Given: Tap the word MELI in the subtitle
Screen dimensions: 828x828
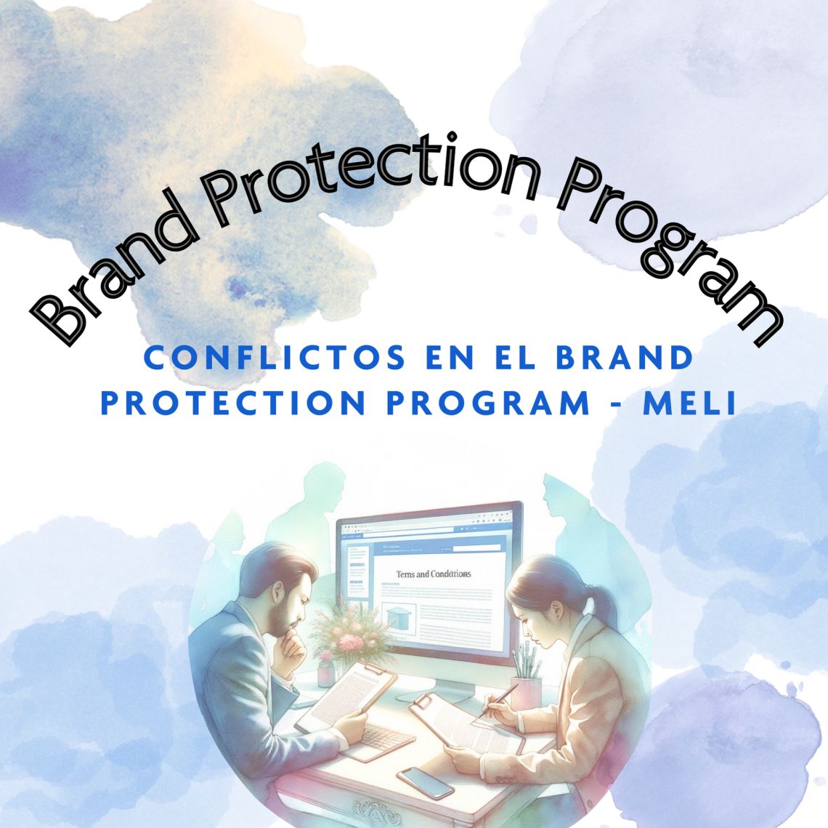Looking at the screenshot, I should point(690,404).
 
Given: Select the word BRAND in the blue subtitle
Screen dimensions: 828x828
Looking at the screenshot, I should point(625,358).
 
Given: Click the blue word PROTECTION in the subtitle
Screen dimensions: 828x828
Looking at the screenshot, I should point(232,404).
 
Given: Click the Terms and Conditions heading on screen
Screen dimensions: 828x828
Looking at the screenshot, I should point(433,574).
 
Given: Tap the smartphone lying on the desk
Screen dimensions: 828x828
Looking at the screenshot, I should point(425,782).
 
